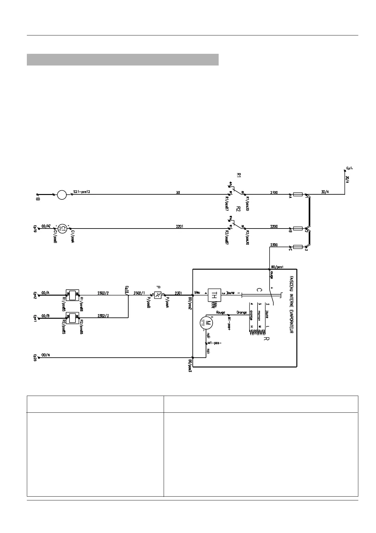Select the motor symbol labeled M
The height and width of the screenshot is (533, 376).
(207, 323)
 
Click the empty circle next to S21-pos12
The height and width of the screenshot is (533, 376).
(62, 194)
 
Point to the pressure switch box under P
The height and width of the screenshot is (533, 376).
(158, 295)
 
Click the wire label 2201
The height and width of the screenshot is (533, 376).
(180, 226)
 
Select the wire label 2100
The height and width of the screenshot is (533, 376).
(274, 192)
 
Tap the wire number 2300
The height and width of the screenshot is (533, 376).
(274, 245)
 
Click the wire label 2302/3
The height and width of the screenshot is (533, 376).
(103, 315)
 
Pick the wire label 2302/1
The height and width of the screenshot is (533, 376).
(139, 293)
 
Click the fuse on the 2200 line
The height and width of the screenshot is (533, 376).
(298, 228)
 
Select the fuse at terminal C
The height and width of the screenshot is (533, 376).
(298, 247)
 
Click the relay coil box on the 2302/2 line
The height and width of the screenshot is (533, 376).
(72, 295)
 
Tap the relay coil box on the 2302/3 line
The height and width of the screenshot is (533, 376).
(72, 317)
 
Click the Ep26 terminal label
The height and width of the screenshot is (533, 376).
(35, 358)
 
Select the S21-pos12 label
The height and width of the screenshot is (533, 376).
(82, 192)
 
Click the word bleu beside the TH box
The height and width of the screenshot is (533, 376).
(197, 292)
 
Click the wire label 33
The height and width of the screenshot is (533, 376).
(178, 192)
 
